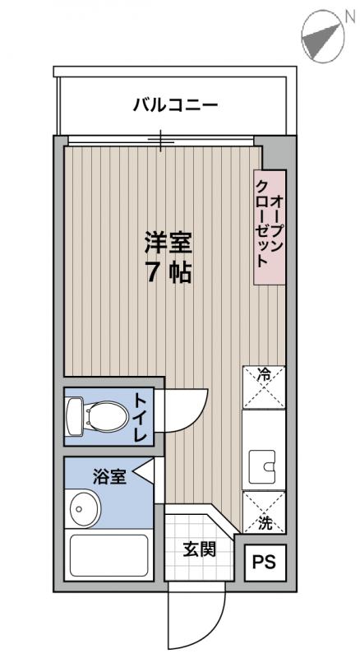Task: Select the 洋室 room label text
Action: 168,243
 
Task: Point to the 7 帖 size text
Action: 168,273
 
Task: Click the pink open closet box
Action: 269,227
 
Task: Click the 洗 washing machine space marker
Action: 264,512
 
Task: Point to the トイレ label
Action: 141,417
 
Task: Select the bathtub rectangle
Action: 108,557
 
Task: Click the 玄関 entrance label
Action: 199,549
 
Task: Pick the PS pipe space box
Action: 264,563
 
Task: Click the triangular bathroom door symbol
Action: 143,472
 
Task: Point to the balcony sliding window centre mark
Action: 161,141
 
